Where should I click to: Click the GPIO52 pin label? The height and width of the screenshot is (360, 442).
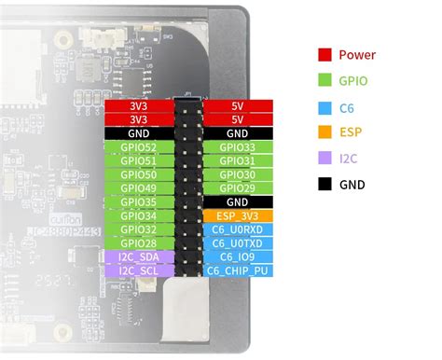pos(139,147)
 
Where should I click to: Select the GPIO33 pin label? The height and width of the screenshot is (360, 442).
pos(238,147)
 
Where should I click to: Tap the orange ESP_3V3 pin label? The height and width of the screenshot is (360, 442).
pos(238,216)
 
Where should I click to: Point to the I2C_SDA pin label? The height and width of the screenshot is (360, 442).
pos(139,257)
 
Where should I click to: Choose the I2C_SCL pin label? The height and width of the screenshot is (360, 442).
pos(139,270)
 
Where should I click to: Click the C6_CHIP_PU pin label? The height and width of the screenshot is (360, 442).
pos(238,270)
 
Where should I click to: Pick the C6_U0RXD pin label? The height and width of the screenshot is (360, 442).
pos(238,229)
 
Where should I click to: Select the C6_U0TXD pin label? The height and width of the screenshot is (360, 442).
pos(238,243)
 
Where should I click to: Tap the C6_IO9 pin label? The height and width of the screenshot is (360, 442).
pos(238,257)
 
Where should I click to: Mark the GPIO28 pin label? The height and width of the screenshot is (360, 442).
pos(139,243)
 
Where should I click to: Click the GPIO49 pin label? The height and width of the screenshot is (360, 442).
pos(139,188)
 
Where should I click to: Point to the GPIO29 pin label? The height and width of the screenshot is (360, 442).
pos(238,188)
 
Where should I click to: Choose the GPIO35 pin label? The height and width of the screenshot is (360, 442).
pos(139,202)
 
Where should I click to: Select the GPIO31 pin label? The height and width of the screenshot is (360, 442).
pos(238,161)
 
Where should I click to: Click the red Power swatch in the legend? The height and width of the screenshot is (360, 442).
pos(325,55)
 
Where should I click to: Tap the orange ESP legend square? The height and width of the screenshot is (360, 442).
pos(325,132)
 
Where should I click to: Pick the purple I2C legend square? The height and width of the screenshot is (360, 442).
pos(325,159)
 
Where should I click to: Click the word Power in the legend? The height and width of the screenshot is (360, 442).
pos(357,55)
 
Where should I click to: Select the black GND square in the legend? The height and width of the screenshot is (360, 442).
pos(325,184)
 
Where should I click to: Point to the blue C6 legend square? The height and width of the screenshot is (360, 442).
pos(325,106)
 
